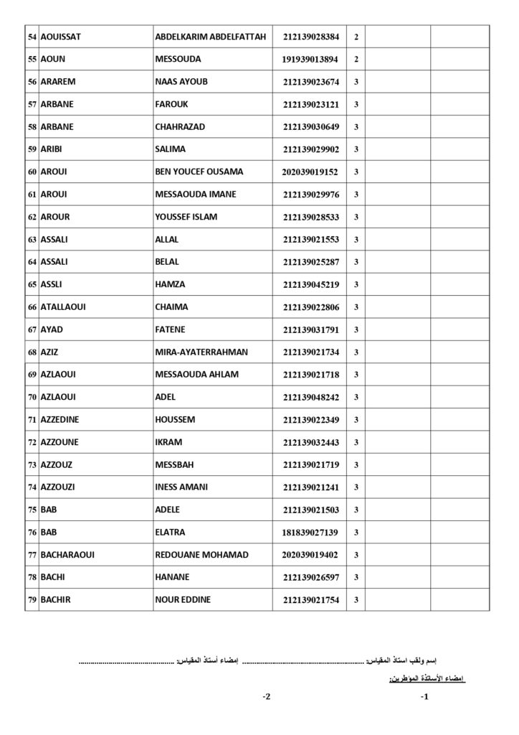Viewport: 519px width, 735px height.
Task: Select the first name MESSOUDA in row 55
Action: tap(178, 59)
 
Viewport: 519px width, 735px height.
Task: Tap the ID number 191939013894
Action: tap(310, 60)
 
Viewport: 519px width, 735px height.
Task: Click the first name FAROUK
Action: tap(171, 104)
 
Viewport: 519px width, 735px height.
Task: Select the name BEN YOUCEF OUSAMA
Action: tap(199, 172)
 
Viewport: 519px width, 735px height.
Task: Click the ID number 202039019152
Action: tap(310, 172)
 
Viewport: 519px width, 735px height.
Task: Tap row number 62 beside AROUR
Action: tap(32, 217)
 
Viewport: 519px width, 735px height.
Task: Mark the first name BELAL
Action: tap(167, 262)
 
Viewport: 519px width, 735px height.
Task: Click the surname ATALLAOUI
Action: tap(65, 306)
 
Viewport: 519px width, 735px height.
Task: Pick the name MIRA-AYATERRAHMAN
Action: tap(201, 352)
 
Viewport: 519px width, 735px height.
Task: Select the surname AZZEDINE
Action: tap(62, 419)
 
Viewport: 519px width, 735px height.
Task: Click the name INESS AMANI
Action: tap(181, 487)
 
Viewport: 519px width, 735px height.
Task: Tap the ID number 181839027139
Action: tap(310, 533)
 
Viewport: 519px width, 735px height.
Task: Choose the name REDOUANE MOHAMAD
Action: tap(201, 555)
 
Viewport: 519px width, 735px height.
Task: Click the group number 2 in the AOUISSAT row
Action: tap(356, 37)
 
